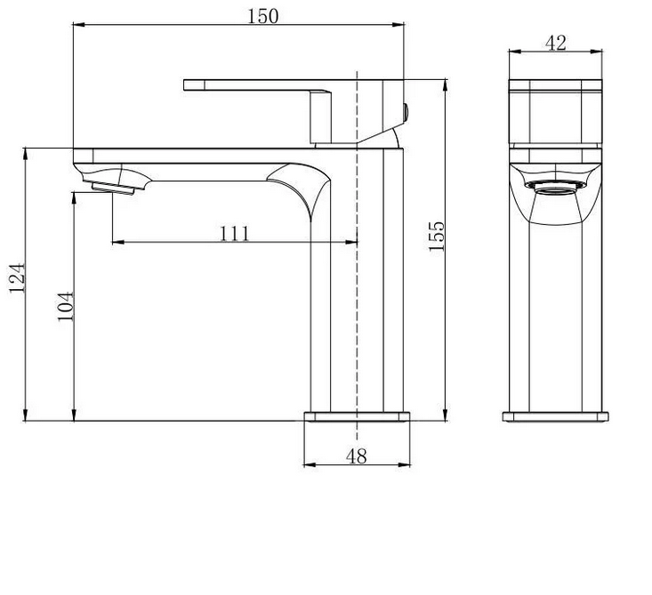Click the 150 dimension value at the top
pos(262,16)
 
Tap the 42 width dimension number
pos(556,43)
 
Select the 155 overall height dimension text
pos(437,237)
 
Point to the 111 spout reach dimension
pos(235,233)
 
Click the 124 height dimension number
pos(18,277)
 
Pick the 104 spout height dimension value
pos(66,306)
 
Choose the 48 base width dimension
pos(357,456)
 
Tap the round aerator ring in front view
pos(556,188)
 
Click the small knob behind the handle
pos(406,113)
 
